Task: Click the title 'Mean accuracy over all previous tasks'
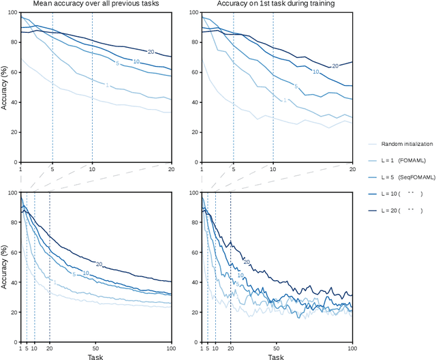pyautogui.click(x=95, y=5)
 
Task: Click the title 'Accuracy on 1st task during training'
pyautogui.click(x=275, y=5)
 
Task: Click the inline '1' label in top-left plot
pyautogui.click(x=107, y=85)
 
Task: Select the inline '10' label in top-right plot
pyautogui.click(x=315, y=71)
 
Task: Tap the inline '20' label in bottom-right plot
pyautogui.click(x=247, y=261)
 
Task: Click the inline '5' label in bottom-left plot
pyautogui.click(x=73, y=275)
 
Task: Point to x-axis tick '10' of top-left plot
pyautogui.click(x=93, y=168)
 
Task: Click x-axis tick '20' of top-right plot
pyautogui.click(x=352, y=168)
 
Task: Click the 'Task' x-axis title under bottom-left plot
pyautogui.click(x=95, y=356)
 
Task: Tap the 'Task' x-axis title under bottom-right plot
pyautogui.click(x=275, y=356)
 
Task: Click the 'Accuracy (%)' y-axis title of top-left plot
pyautogui.click(x=5, y=87)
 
